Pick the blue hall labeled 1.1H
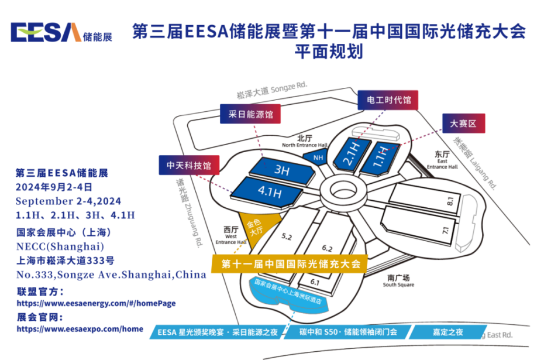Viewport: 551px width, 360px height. click(x=381, y=156)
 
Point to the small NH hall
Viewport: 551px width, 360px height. click(x=319, y=157)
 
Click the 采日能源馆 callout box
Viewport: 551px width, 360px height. click(x=250, y=115)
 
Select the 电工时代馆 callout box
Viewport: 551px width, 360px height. click(x=388, y=100)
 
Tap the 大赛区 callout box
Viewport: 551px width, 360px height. click(x=464, y=124)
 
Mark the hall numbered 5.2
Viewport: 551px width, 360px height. click(x=287, y=236)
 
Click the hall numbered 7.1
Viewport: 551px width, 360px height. click(x=446, y=231)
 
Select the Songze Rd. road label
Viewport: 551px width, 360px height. click(x=272, y=89)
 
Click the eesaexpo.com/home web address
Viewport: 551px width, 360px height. click(x=80, y=329)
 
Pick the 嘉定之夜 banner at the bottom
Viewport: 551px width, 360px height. click(x=448, y=332)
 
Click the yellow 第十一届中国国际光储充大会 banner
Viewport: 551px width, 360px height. click(x=290, y=263)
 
